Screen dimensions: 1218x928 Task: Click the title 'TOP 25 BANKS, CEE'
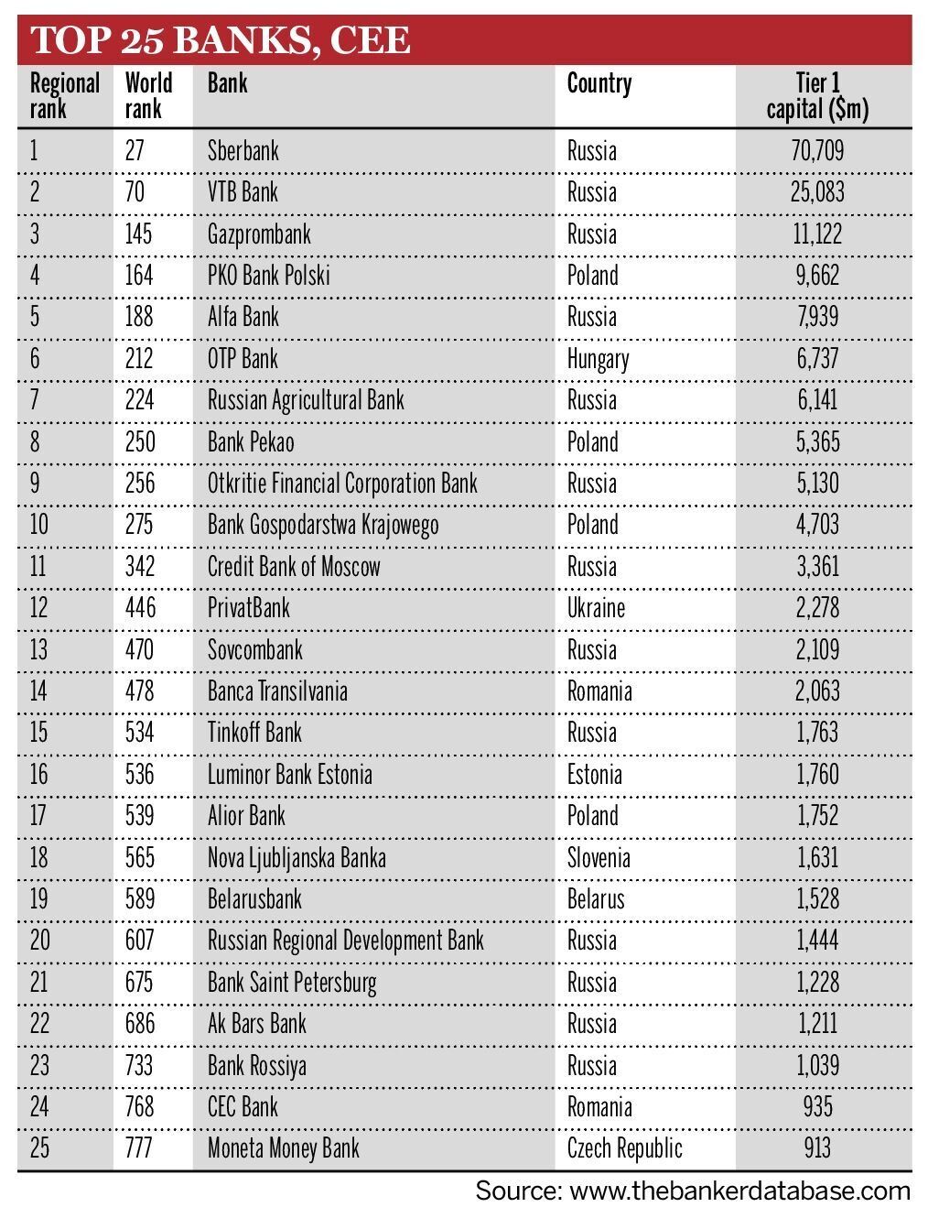[x=220, y=41]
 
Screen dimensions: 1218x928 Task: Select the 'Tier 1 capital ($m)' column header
[x=817, y=96]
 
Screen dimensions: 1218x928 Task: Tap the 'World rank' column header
[x=148, y=96]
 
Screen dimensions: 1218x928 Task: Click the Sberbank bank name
[x=243, y=150]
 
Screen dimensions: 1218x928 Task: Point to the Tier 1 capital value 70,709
[x=817, y=150]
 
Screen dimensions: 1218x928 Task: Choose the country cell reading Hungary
[x=598, y=359]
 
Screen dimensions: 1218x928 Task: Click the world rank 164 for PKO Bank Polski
[x=139, y=276]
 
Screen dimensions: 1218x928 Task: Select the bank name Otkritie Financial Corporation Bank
[x=342, y=484]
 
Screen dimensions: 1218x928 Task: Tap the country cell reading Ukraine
[x=596, y=608]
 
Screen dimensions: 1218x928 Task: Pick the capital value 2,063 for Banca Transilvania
[x=817, y=691]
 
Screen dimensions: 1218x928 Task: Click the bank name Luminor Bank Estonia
[x=290, y=775]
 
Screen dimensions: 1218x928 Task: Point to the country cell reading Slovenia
[x=599, y=858]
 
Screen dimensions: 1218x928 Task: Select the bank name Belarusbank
[x=254, y=898]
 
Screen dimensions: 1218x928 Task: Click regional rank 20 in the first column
[x=39, y=941]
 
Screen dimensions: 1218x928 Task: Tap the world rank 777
[x=139, y=1148]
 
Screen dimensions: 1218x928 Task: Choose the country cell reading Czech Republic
[x=625, y=1148]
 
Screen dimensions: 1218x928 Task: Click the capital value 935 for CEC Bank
[x=817, y=1106]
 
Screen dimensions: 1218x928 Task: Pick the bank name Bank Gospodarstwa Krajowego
[x=323, y=525]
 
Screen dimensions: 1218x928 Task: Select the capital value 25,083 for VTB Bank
[x=817, y=192]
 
